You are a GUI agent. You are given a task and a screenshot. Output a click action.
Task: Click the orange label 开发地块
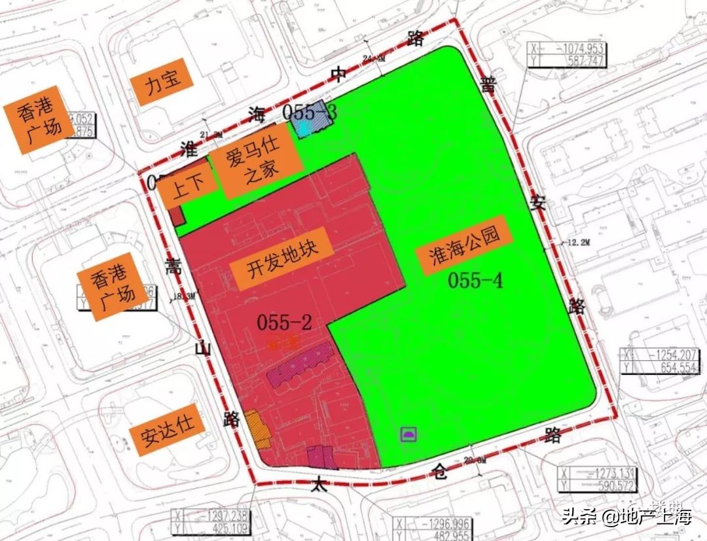[x=282, y=266]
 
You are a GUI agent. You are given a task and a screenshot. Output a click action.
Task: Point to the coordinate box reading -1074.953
[x=567, y=54]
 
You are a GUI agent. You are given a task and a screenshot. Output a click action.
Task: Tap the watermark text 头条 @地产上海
[x=626, y=517]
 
